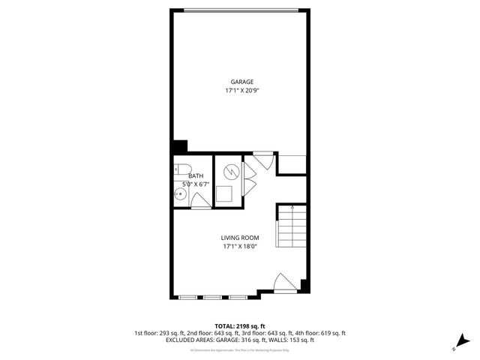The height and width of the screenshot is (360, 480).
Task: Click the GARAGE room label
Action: (241, 82)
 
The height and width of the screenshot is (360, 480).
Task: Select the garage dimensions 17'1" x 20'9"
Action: (241, 90)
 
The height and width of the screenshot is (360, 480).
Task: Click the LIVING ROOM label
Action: (240, 238)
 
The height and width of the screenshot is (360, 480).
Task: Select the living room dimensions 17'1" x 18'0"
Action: (240, 246)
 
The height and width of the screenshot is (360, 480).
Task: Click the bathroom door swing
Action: (200, 200)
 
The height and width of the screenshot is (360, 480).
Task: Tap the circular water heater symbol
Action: (231, 172)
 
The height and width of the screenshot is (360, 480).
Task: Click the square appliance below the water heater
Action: (225, 195)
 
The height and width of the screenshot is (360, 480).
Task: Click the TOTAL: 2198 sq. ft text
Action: (240, 326)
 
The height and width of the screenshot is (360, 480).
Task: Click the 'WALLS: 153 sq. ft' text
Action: (289, 340)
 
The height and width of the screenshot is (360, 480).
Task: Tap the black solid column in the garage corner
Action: (180, 147)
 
